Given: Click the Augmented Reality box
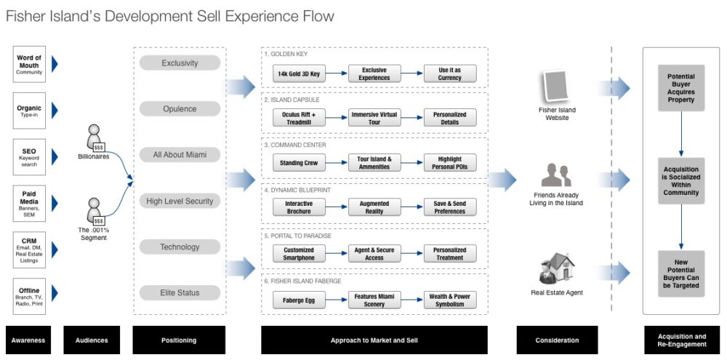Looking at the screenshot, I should click(x=374, y=207).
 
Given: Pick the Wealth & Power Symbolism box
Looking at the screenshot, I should click(x=450, y=300).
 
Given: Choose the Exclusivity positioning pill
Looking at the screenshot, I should click(x=180, y=63).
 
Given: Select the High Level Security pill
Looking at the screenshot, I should click(x=180, y=201).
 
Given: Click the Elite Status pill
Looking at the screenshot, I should click(x=180, y=292).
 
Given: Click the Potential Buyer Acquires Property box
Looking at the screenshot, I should click(x=680, y=88).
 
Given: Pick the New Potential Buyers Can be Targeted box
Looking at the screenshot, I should click(x=680, y=273).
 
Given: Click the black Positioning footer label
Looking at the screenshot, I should click(x=179, y=340).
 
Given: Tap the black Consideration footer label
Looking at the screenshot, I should click(x=557, y=340).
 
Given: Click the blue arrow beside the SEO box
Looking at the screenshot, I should click(x=55, y=155).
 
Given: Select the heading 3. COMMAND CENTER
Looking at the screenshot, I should click(x=296, y=145).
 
